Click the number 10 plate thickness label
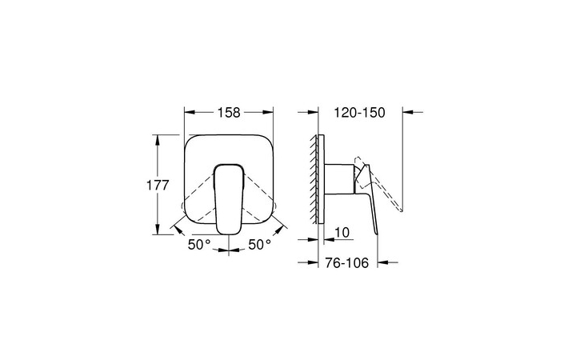[342, 233]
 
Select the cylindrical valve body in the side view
[339, 181]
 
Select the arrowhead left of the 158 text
[190, 113]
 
